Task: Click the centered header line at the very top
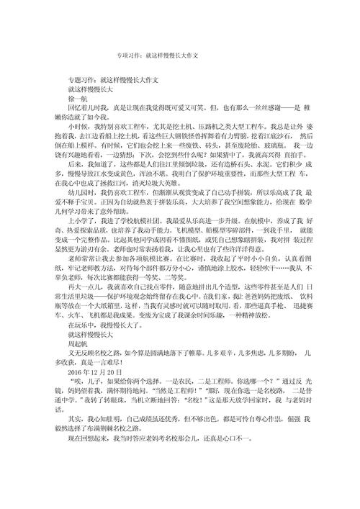157,54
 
